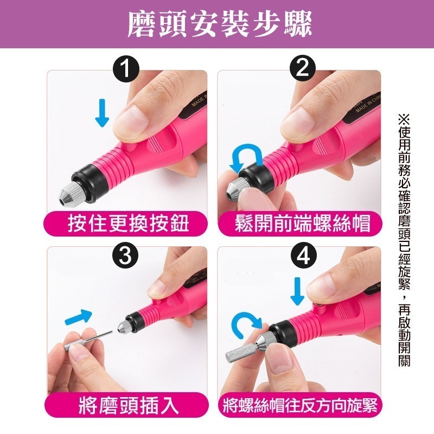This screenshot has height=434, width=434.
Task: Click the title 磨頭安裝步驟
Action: [217, 24]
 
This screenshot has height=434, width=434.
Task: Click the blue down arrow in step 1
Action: [101, 112]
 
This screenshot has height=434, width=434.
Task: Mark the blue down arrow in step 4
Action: [297, 292]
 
